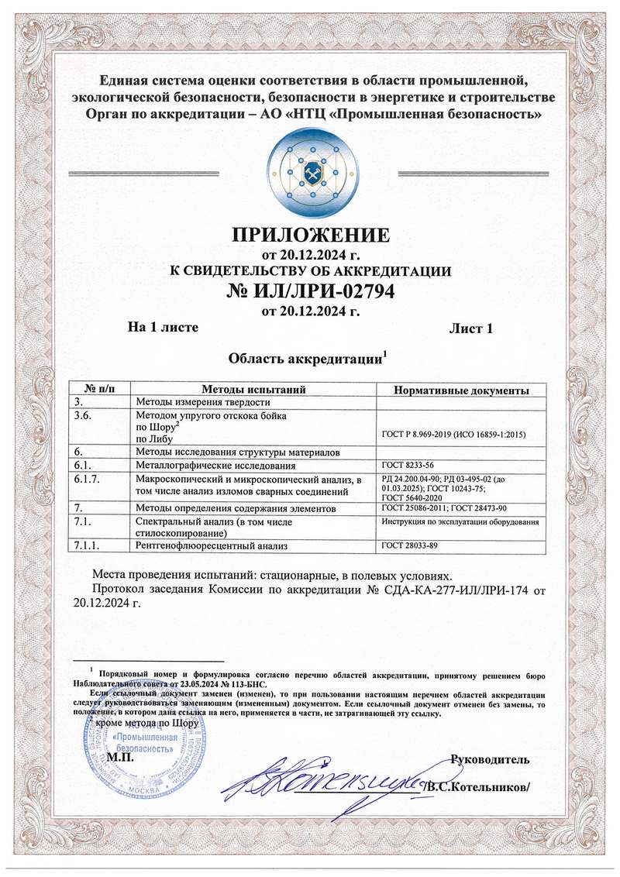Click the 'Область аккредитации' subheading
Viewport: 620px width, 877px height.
307,359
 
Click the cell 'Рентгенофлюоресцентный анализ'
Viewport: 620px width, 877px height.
212,547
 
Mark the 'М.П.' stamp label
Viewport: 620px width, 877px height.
120,757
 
